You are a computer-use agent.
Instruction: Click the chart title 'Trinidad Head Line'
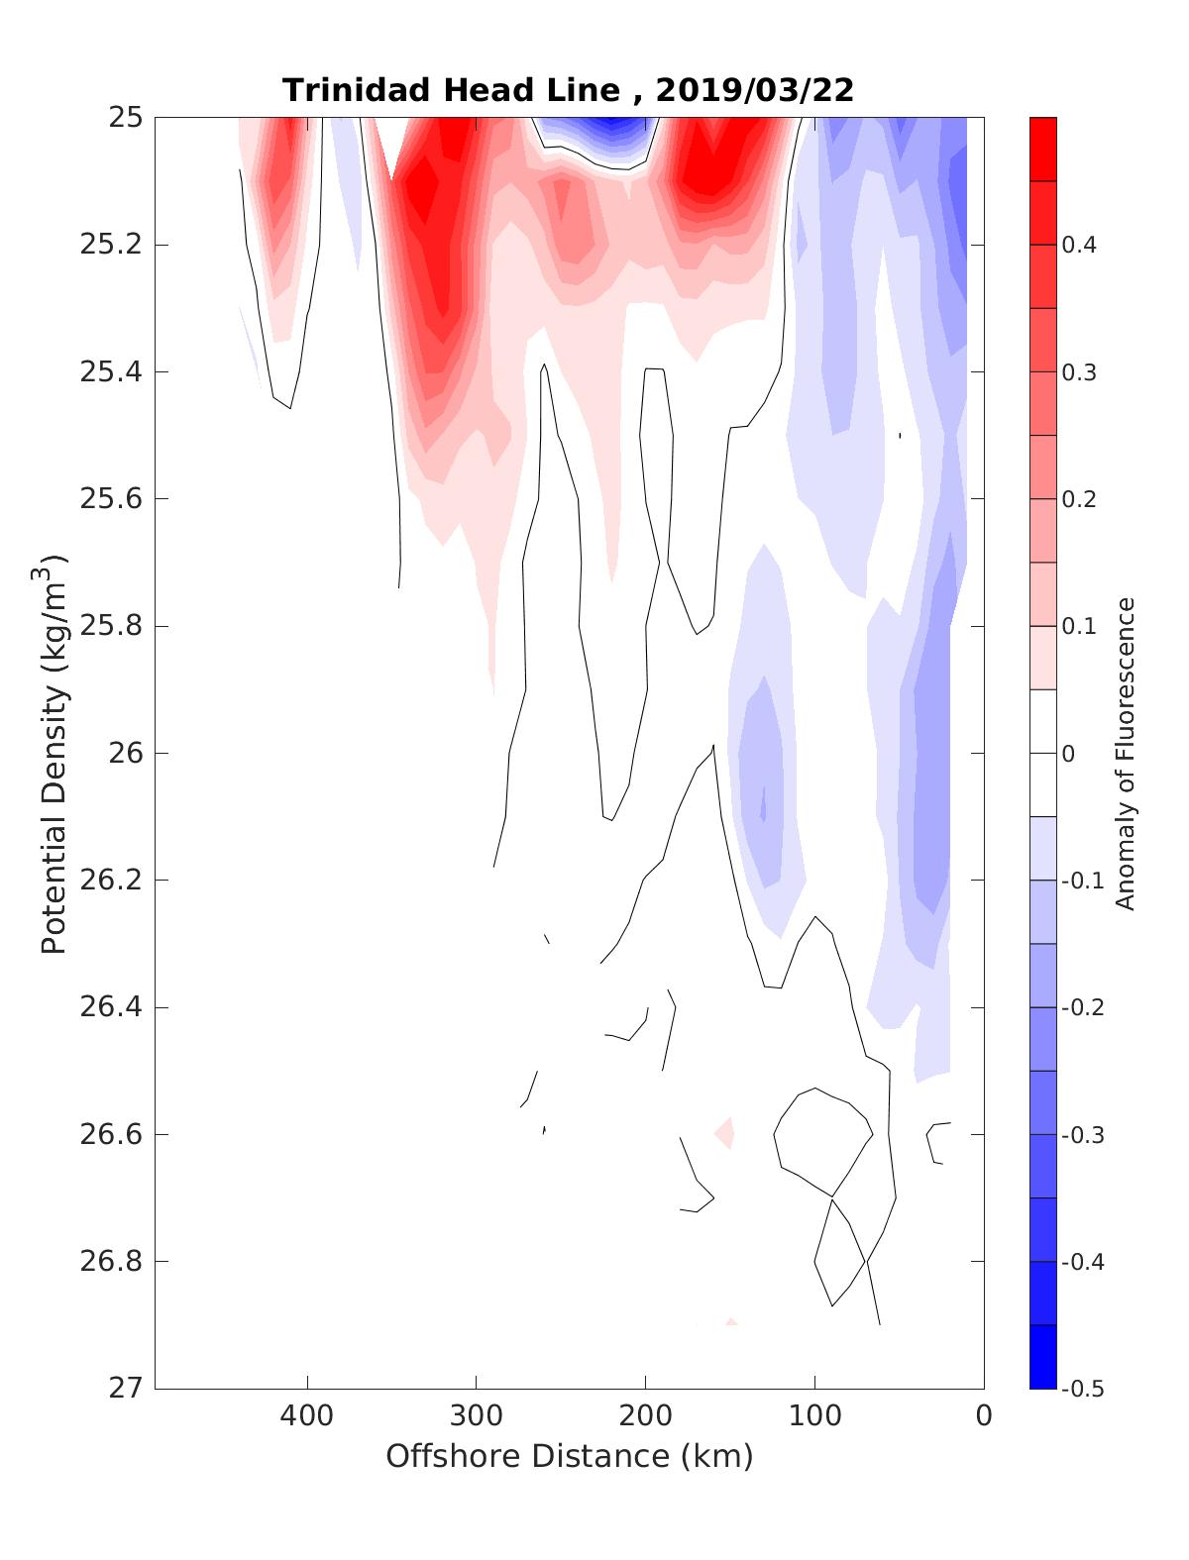tap(451, 90)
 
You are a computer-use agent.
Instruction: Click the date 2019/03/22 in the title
tap(754, 90)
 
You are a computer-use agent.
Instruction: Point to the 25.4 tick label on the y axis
tap(111, 372)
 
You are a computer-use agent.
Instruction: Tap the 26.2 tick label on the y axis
tap(111, 881)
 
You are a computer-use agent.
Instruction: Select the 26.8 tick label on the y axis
tap(111, 1262)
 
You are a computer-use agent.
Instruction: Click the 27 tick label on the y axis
tap(125, 1389)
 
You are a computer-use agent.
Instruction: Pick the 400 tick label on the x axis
tap(307, 1416)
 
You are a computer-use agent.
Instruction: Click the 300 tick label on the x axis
tap(477, 1416)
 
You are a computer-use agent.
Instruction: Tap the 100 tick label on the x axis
tap(814, 1416)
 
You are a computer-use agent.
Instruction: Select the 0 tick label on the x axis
tap(984, 1416)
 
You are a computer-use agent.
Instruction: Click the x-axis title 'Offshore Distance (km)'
tap(569, 1457)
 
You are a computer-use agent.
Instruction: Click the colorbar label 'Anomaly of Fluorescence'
tap(1124, 753)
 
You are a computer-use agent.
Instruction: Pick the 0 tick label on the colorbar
tap(1068, 754)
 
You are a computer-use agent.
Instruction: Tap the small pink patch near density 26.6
tap(726, 1131)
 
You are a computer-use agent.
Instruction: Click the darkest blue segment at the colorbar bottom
tap(1042, 1356)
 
